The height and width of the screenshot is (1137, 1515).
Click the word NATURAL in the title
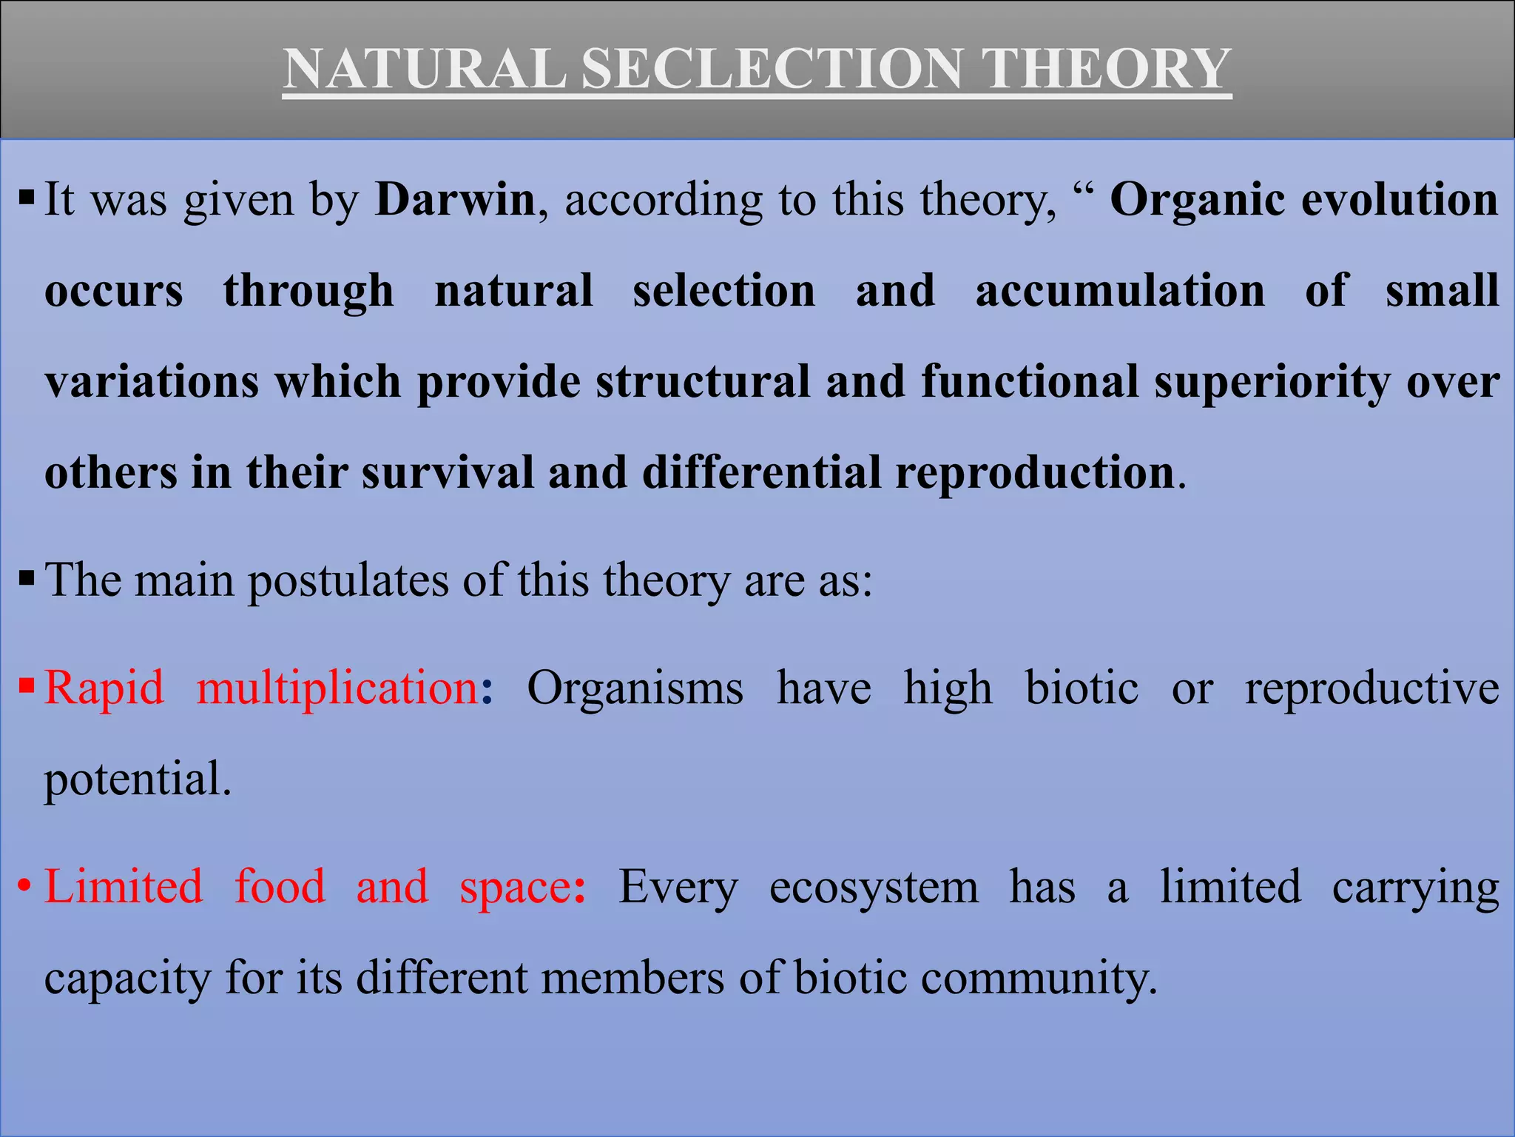point(425,69)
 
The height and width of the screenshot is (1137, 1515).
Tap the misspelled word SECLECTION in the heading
point(772,69)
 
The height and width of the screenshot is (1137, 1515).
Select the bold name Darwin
point(455,200)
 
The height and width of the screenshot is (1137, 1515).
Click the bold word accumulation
point(1120,290)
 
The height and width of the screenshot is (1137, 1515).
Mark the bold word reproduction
point(1035,473)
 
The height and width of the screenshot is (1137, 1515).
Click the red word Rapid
point(104,688)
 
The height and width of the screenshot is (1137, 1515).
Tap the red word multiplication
point(338,688)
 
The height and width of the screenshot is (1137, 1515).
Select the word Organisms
point(635,688)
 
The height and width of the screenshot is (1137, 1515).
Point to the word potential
point(138,779)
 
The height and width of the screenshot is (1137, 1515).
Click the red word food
point(280,886)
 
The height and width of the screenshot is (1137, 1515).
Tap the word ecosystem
point(874,888)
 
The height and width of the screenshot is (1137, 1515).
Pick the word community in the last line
point(1039,979)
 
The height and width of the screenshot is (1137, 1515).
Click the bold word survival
point(448,473)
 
